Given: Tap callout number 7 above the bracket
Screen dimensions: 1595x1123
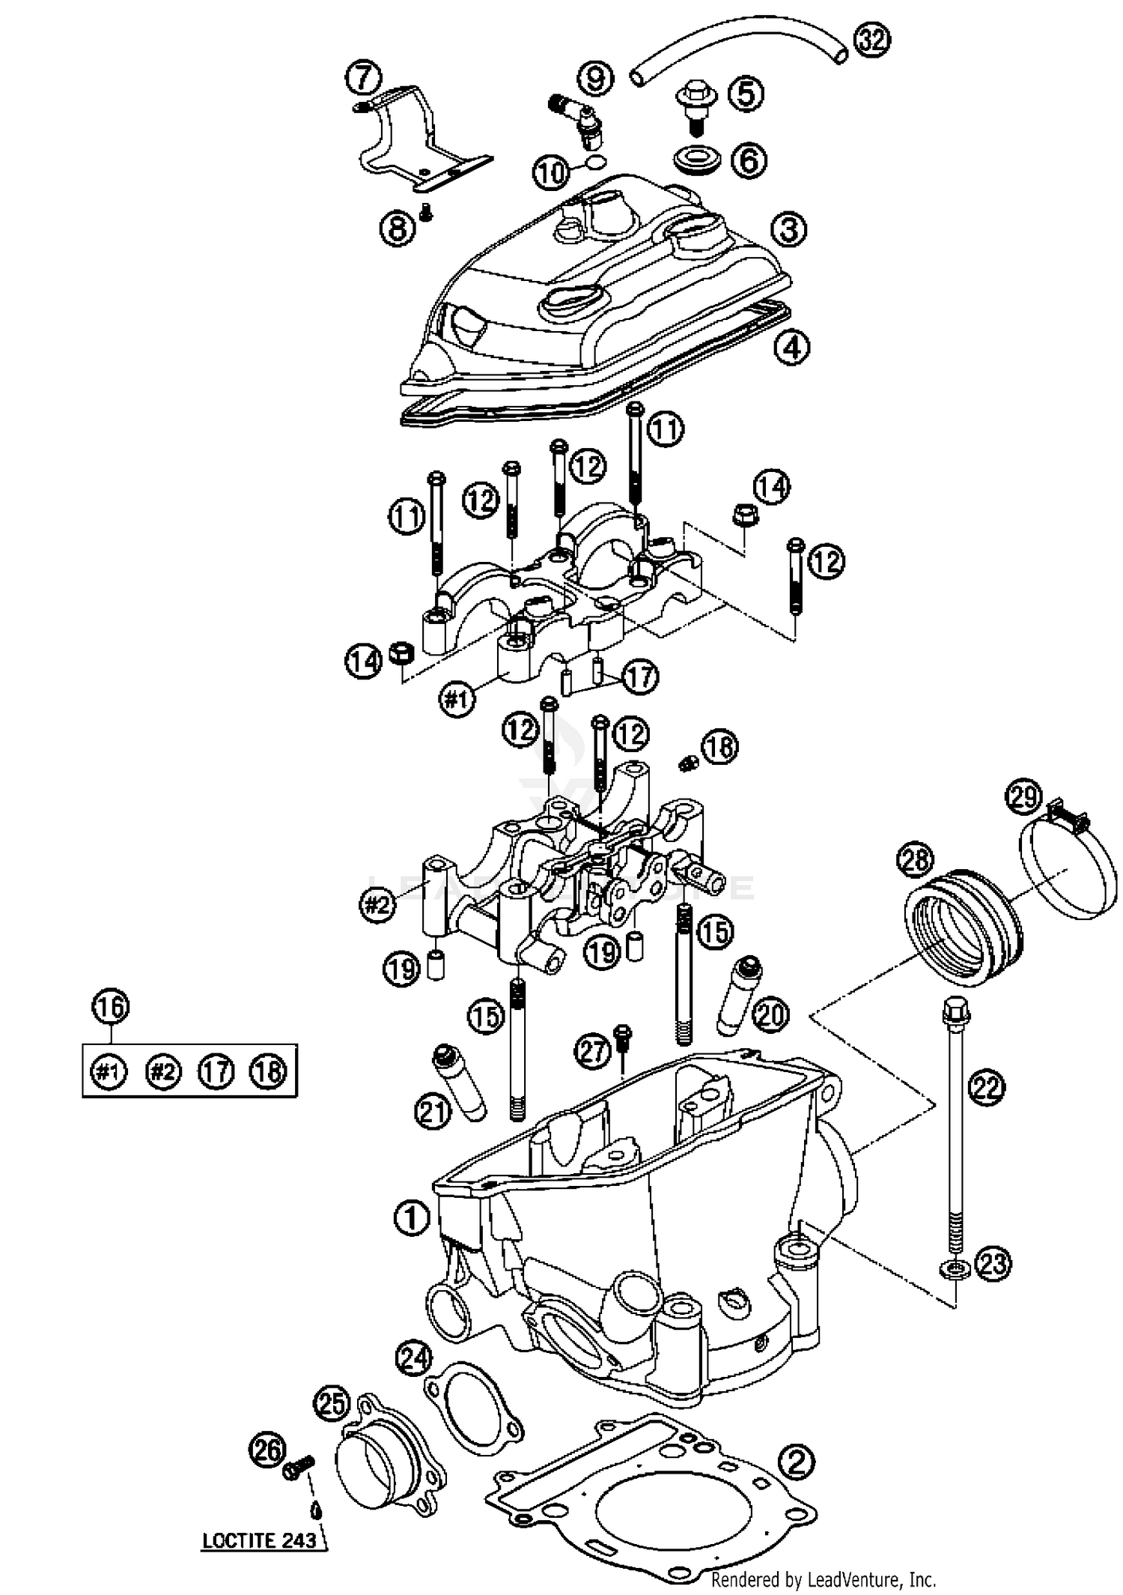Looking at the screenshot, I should point(363,78).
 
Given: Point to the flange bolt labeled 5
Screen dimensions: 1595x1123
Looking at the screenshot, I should point(695,106).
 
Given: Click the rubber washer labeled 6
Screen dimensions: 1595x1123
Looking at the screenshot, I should point(696,160).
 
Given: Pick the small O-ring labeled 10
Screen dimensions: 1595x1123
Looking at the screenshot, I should point(594,164).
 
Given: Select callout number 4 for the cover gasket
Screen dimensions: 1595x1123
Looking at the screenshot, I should point(791,347).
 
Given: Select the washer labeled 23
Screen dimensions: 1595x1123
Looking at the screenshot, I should point(955,1268).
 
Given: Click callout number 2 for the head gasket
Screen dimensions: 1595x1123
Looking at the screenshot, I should point(797,1461).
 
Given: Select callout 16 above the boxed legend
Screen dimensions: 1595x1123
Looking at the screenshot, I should point(110,1007).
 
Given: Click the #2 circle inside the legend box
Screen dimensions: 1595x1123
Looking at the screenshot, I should point(162,1072).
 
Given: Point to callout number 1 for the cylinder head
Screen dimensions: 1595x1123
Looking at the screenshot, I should point(411,1218).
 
